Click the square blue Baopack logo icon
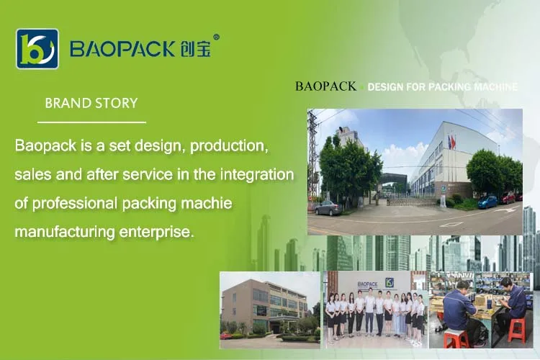click(37, 49)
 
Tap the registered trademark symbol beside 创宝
click(216, 37)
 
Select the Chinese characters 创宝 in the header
click(195, 49)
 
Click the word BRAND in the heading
click(66, 103)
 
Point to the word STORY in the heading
click(114, 103)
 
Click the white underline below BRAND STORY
click(91, 122)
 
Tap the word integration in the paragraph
click(257, 175)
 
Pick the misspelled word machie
click(207, 203)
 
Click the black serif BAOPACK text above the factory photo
click(325, 86)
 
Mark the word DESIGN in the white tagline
click(385, 87)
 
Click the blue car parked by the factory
click(488, 201)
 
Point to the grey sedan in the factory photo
click(328, 208)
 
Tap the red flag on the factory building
click(453, 143)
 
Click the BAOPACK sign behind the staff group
click(367, 284)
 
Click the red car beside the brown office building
click(226, 336)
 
